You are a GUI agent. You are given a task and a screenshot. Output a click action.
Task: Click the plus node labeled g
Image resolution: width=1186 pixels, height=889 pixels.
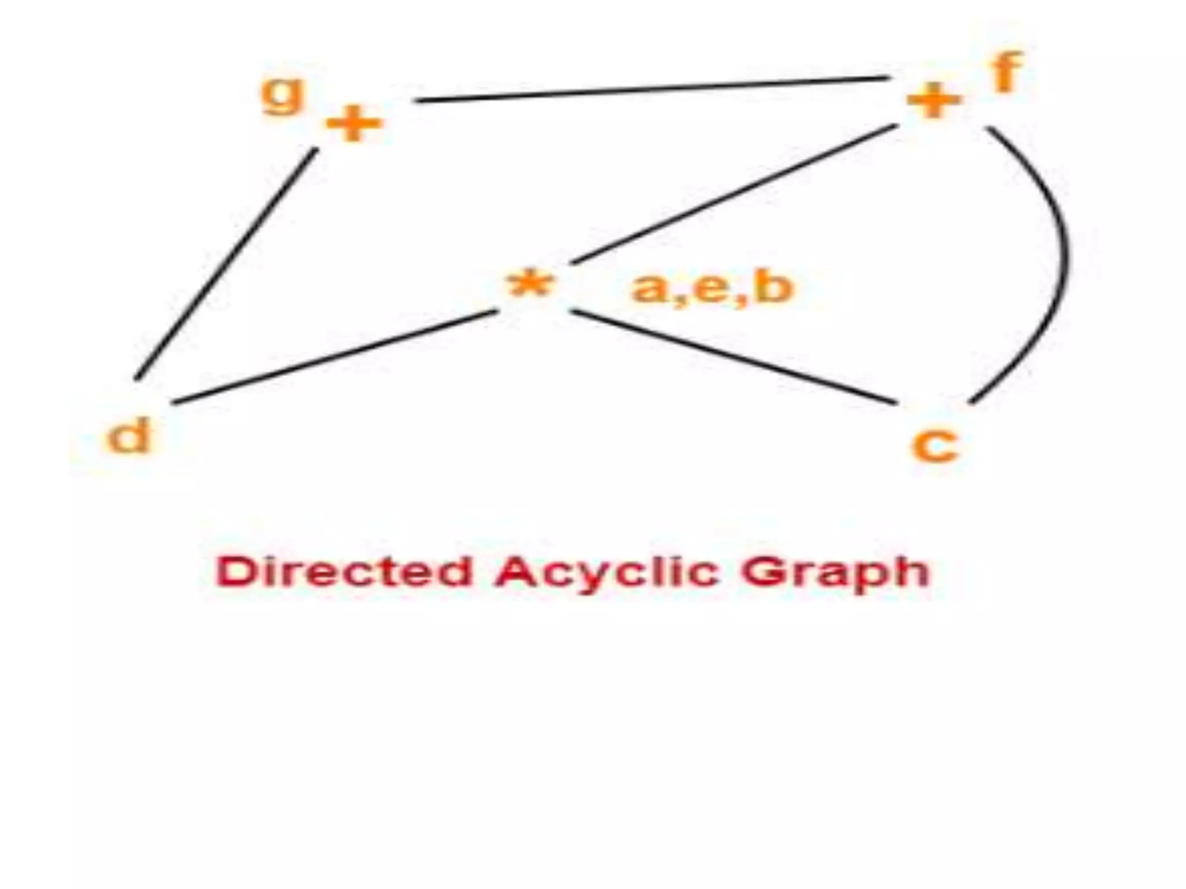click(354, 123)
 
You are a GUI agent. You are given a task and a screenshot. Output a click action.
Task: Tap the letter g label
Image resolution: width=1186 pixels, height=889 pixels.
click(282, 95)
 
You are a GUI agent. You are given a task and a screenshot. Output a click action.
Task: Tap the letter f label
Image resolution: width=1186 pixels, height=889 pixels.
click(1006, 72)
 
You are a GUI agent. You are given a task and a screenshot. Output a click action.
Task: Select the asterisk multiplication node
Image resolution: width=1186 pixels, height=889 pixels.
click(530, 285)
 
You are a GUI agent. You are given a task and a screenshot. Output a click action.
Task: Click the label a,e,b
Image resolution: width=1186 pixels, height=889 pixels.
click(712, 288)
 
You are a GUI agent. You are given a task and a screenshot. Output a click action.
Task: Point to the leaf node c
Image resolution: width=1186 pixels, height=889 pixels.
click(935, 446)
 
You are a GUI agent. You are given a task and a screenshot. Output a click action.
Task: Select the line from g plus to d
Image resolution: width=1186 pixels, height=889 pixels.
click(226, 265)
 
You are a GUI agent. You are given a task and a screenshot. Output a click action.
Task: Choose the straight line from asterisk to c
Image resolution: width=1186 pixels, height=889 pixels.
click(734, 357)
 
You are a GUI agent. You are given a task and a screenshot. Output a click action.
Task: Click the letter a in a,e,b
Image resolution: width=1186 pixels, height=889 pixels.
click(648, 289)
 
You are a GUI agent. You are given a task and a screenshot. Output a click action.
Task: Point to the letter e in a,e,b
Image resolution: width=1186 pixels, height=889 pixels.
click(711, 289)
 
